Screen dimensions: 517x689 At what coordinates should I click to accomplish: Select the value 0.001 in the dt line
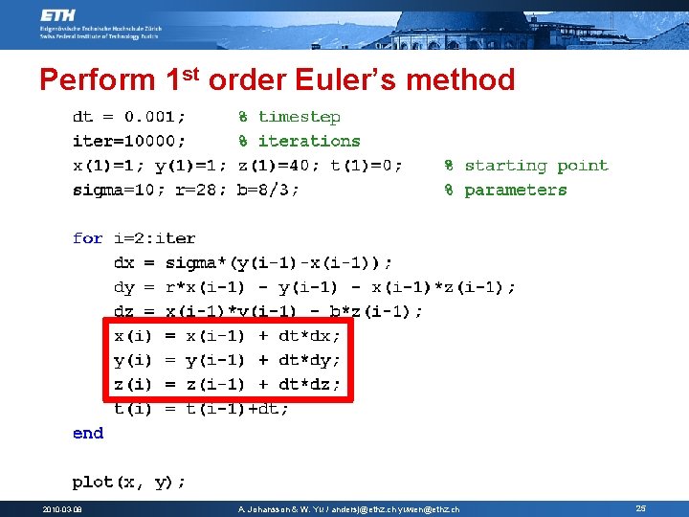(x=156, y=117)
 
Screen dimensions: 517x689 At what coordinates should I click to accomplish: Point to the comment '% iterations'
(x=299, y=141)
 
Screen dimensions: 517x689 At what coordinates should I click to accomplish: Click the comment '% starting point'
(x=525, y=165)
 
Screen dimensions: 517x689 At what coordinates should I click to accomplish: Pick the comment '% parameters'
(x=505, y=190)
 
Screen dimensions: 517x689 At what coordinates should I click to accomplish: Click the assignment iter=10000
(x=129, y=141)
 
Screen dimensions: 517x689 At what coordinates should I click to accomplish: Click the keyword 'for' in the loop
(x=88, y=237)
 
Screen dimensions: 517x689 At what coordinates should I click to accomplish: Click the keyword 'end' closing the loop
(x=88, y=433)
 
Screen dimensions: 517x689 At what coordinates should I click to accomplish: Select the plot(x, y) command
(x=129, y=481)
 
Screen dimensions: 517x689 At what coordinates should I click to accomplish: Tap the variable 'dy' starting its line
(x=124, y=286)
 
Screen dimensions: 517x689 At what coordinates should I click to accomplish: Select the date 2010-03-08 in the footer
(x=61, y=509)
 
